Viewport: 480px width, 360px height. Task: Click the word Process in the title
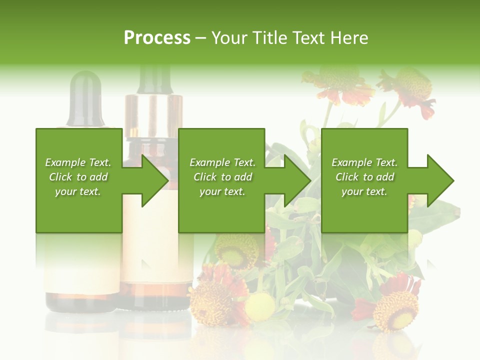(157, 37)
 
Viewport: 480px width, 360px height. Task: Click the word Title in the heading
(270, 37)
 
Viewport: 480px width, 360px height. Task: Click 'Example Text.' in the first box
(78, 162)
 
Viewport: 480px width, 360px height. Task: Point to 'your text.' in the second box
(222, 191)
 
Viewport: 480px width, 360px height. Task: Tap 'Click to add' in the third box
(364, 177)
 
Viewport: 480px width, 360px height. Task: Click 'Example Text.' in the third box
(364, 162)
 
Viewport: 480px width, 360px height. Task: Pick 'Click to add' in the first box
(78, 177)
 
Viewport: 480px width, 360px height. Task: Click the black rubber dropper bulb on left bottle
(86, 95)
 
